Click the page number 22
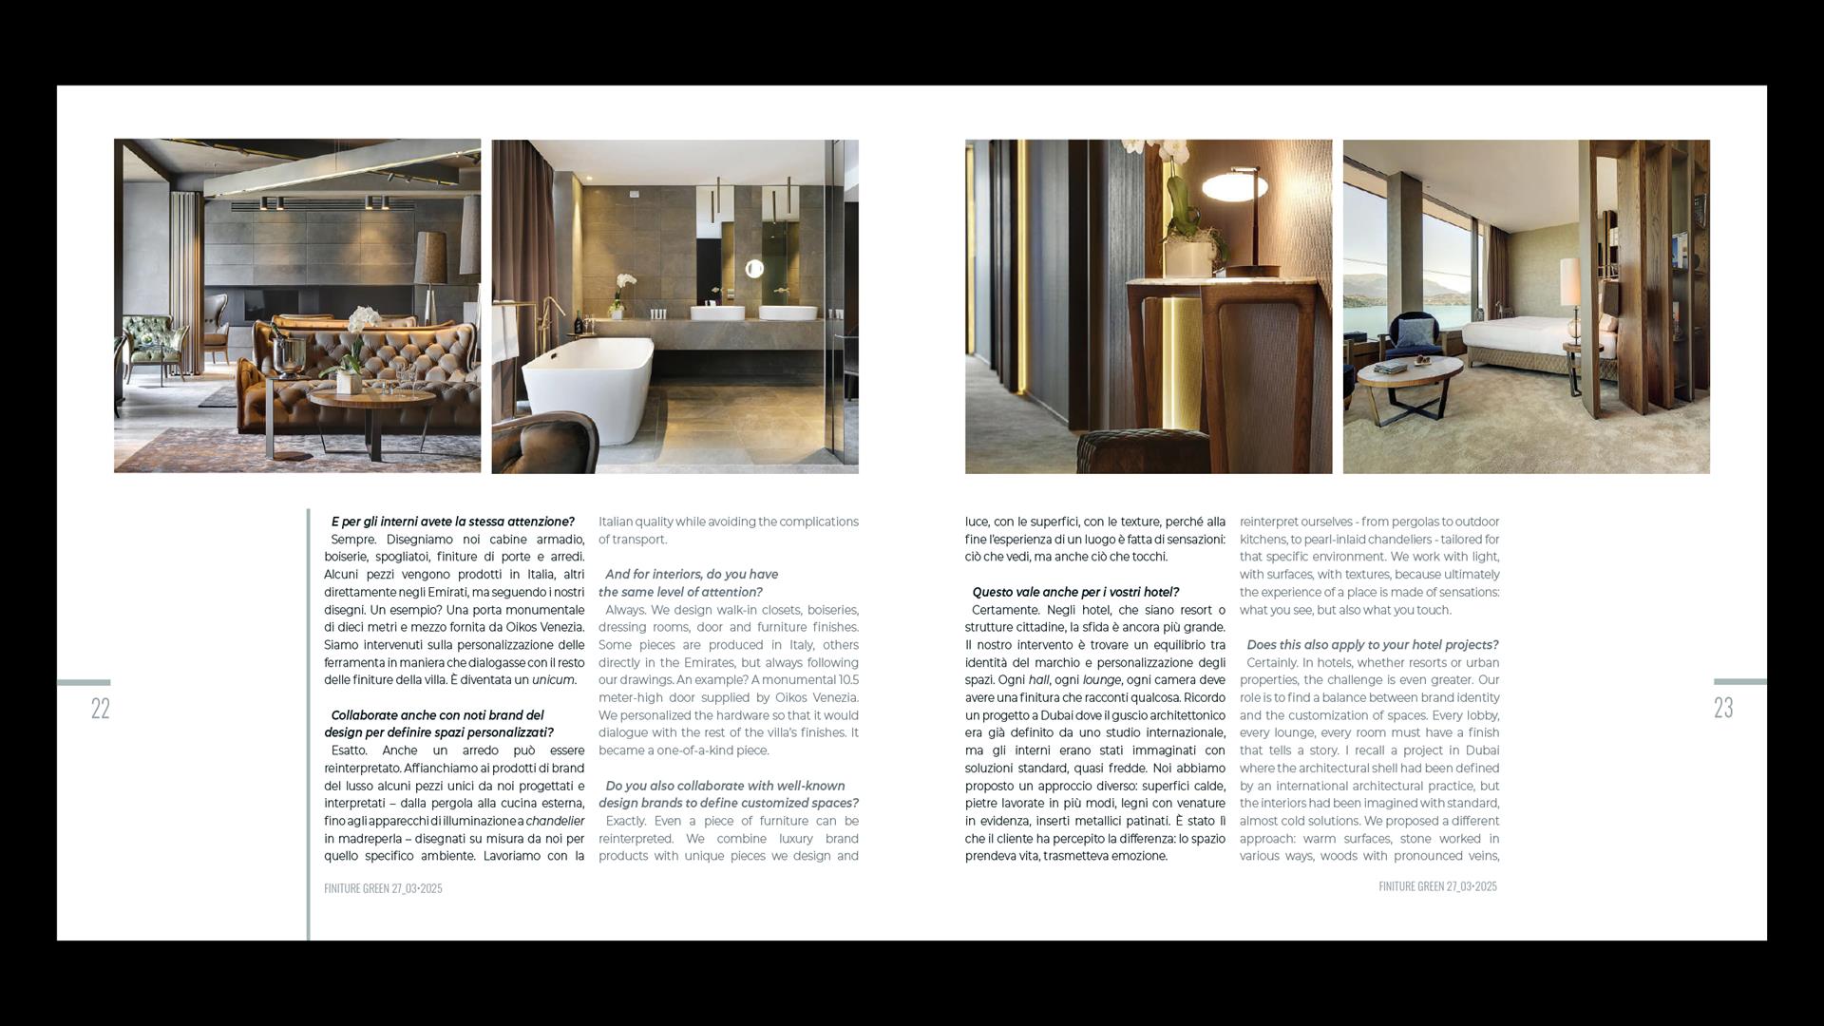click(101, 708)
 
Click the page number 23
click(1723, 708)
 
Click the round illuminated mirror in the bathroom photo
click(754, 269)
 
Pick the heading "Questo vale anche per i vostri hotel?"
click(1074, 592)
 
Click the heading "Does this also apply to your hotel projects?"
click(1372, 645)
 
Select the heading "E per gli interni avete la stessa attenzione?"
click(452, 522)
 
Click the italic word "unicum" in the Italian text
click(553, 680)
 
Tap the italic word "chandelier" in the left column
click(555, 821)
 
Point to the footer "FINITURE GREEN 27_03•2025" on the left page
click(383, 888)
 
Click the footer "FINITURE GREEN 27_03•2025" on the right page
click(1437, 886)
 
